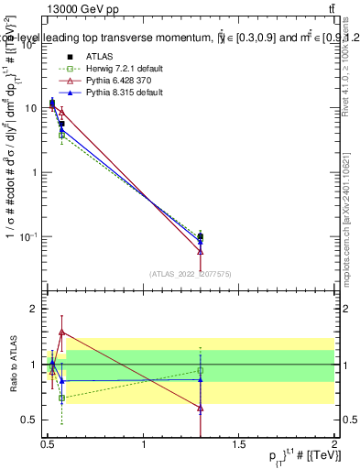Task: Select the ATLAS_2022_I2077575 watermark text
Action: [x=189, y=273]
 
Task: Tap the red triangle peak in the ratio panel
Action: [x=61, y=332]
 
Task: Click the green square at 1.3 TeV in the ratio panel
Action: [x=201, y=371]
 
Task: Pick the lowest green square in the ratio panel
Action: [x=61, y=398]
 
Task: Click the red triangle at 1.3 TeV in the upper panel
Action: [x=201, y=251]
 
